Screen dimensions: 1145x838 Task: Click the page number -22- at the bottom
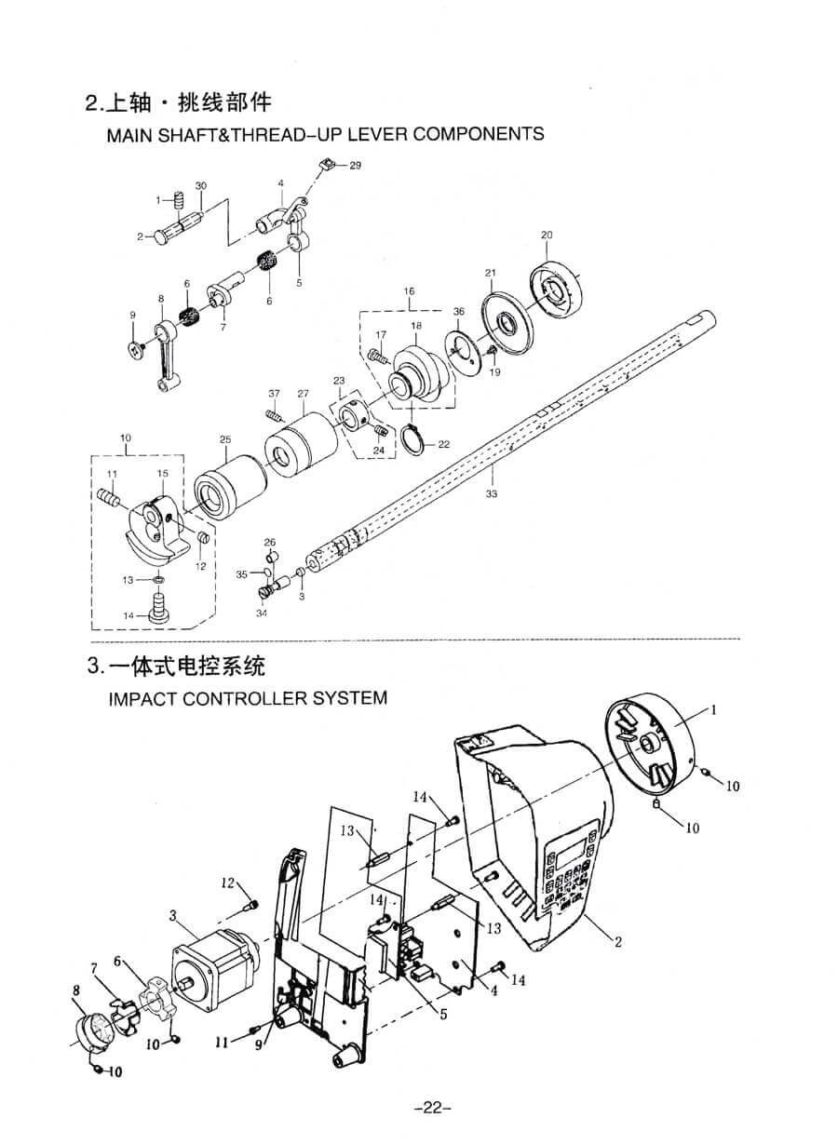click(430, 1107)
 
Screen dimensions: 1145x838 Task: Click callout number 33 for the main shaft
click(492, 493)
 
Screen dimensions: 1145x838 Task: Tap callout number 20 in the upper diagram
click(547, 235)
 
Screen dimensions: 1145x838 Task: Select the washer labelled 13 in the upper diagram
click(158, 580)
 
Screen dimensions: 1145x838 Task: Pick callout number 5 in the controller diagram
click(443, 1015)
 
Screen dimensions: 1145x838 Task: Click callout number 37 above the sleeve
click(274, 393)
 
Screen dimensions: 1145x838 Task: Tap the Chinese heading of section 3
click(186, 667)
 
